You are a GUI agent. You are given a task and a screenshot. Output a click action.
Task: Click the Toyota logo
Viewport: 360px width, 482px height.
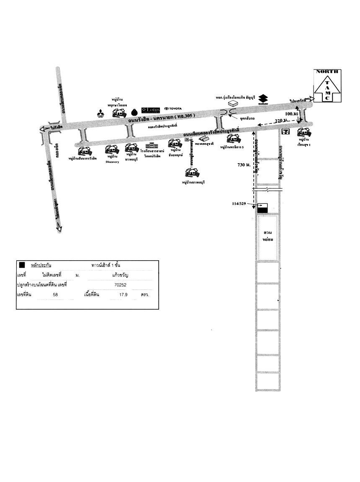point(173,108)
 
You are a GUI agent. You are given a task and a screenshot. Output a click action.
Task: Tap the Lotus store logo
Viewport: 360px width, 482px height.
point(151,110)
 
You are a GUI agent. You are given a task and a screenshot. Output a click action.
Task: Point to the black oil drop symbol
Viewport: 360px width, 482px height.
point(134,112)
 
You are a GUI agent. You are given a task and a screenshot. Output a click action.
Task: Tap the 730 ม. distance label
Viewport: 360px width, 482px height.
point(244,165)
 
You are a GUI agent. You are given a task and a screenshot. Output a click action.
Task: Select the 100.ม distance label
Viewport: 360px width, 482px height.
point(291,114)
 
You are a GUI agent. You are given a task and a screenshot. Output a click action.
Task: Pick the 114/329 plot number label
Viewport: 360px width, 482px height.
point(239,203)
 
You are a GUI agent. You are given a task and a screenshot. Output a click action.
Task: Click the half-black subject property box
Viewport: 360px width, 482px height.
point(263,208)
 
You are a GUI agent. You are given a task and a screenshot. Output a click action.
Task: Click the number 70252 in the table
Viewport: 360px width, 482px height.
point(120,285)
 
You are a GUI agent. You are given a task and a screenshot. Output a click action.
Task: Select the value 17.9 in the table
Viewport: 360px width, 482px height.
point(120,295)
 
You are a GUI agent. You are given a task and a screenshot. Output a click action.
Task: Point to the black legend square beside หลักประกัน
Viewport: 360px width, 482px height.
point(22,265)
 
